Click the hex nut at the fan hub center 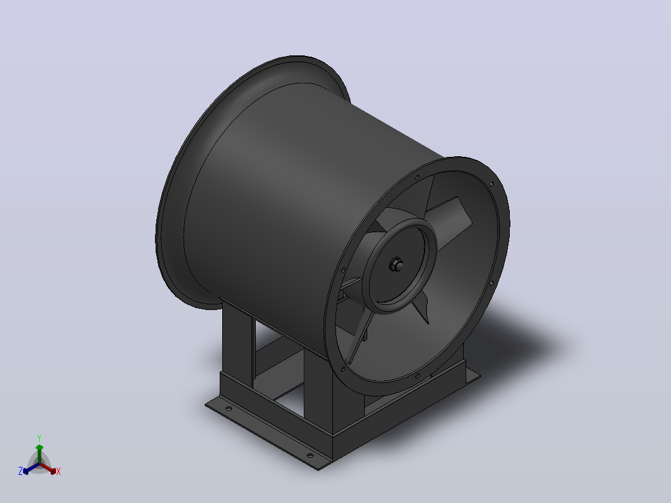396,265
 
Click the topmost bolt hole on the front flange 417,177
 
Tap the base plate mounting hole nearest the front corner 310,456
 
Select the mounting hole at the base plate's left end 228,409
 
